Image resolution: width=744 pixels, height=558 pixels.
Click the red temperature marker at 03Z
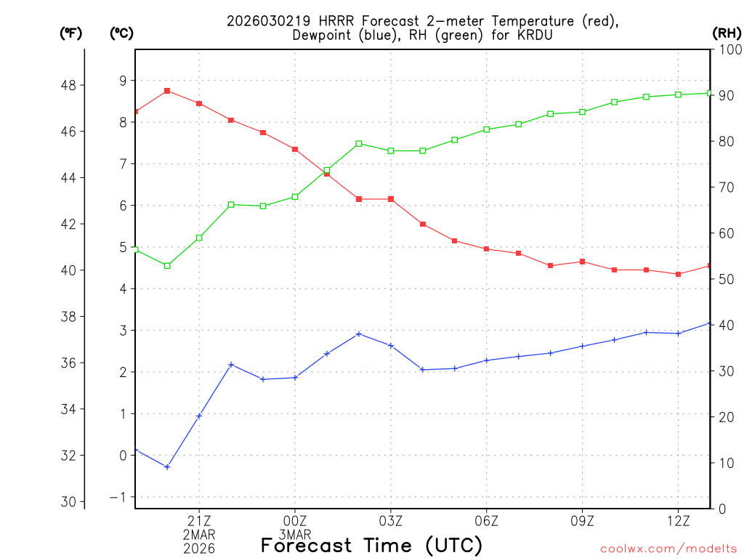391,199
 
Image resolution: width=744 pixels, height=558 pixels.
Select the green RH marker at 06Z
487,129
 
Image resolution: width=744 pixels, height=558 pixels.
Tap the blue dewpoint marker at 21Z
199,416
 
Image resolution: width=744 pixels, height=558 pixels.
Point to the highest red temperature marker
167,91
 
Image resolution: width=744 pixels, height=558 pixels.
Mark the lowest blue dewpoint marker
167,467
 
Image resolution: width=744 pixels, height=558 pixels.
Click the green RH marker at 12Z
679,94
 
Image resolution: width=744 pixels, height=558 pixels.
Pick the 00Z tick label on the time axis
295,521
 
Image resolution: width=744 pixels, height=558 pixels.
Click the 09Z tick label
583,521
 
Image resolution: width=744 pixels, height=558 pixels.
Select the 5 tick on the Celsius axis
123,247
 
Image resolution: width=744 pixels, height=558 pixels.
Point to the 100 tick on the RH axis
726,49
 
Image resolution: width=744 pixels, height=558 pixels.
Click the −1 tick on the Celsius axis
118,497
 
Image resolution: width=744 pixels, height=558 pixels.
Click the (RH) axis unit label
726,33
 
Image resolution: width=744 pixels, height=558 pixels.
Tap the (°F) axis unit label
70,33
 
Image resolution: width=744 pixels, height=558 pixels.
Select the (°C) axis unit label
122,33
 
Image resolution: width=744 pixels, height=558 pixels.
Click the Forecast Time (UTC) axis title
371,545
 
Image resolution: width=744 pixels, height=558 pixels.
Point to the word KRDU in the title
527,35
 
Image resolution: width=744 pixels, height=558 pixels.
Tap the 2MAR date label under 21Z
199,535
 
